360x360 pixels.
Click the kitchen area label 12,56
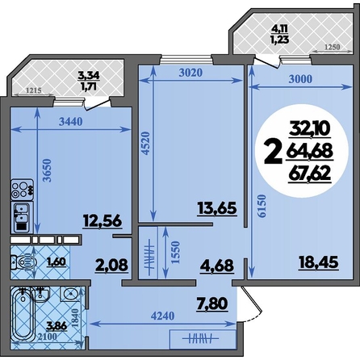pos(103,222)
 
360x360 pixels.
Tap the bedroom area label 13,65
pos(217,208)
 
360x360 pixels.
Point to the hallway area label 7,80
pos(212,304)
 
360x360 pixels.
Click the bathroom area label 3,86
pos(57,326)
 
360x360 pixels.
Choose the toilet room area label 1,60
pos(57,262)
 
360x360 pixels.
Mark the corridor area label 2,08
pos(111,265)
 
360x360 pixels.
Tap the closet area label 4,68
pos(216,266)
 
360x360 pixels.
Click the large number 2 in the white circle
pos(273,153)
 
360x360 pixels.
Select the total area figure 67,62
pos(309,174)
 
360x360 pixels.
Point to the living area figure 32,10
pos(310,128)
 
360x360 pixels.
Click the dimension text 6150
pos(262,206)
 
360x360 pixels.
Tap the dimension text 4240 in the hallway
pos(162,316)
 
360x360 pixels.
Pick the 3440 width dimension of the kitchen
pos(70,122)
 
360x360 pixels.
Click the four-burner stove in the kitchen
pos(22,190)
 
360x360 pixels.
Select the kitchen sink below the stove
pos(22,218)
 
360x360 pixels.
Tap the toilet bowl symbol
pos(23,262)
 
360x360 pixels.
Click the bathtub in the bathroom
pos(23,314)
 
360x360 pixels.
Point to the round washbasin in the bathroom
pos(70,294)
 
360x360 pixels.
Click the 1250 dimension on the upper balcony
pos(333,47)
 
